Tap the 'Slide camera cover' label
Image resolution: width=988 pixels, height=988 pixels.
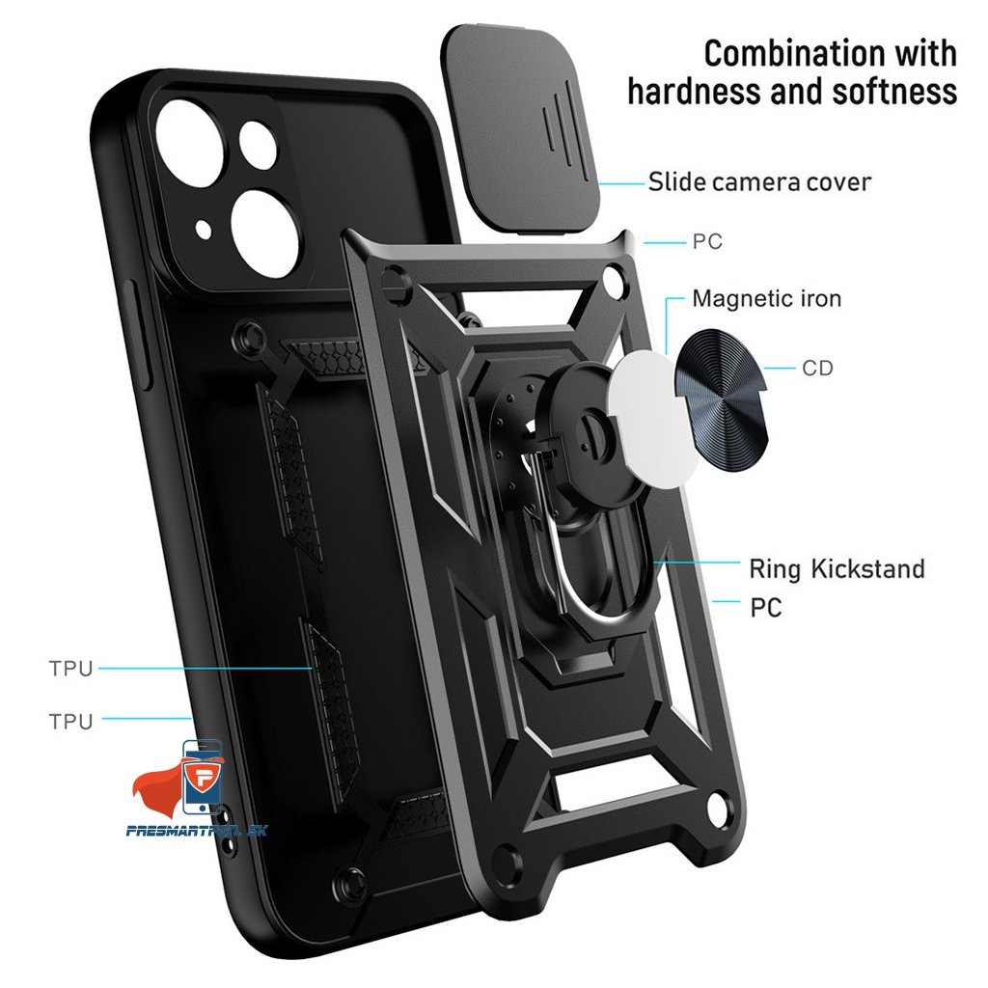(758, 181)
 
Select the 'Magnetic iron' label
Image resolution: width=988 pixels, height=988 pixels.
(766, 299)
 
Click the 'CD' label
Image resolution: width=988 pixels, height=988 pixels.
(817, 368)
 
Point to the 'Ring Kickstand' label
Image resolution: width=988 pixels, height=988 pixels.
(837, 568)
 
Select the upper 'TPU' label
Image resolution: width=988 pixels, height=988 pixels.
(70, 668)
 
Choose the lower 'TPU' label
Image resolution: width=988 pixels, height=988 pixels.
(70, 721)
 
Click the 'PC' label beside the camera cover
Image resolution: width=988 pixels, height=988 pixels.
(706, 241)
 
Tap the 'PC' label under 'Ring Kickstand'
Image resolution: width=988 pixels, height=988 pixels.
(765, 608)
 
